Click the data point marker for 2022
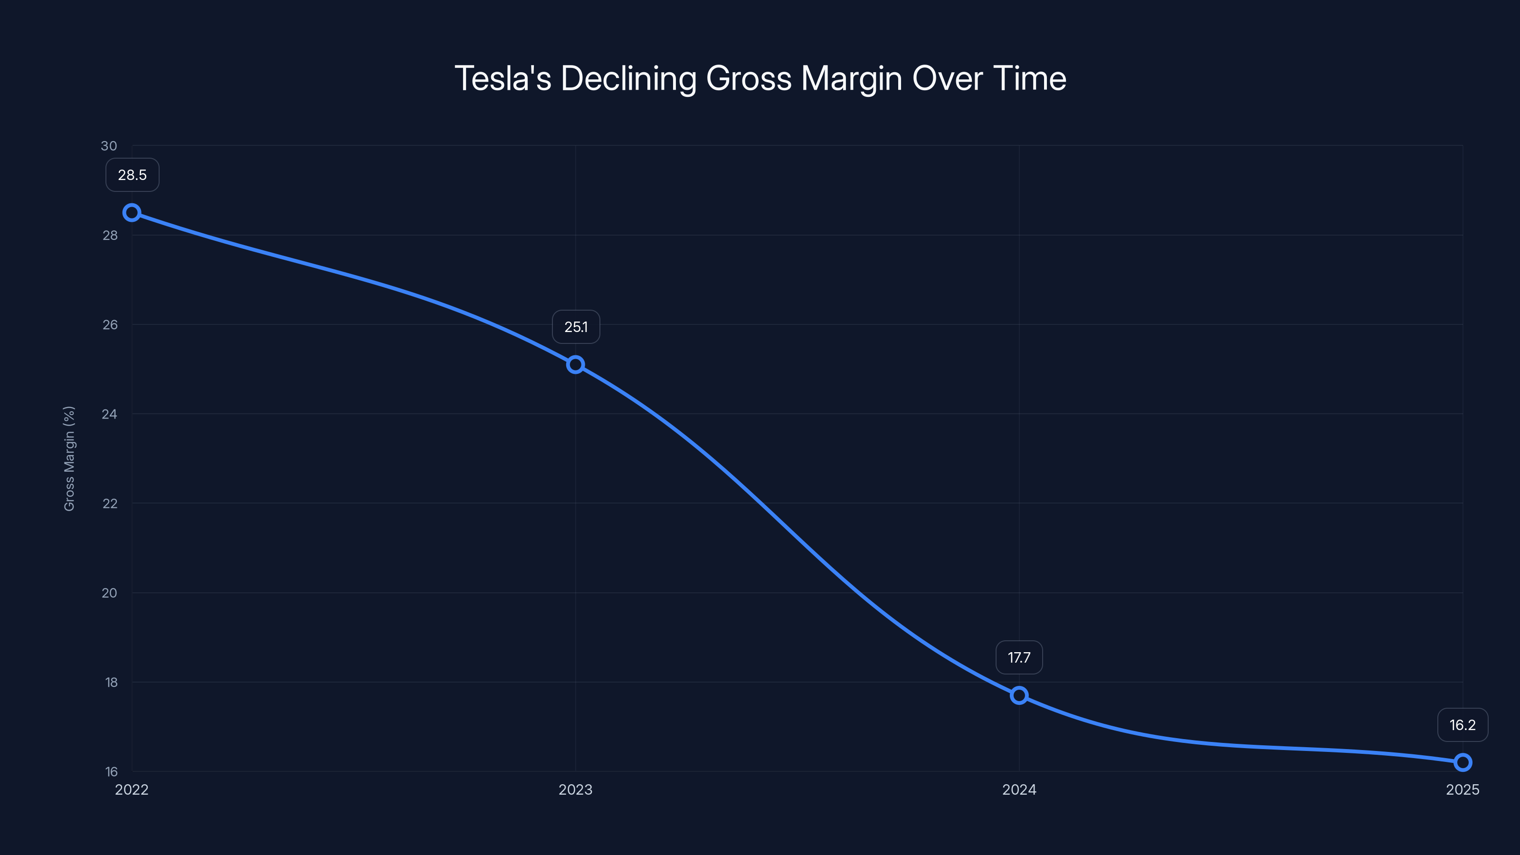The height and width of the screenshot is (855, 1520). point(132,212)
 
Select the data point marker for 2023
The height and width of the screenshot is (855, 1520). point(575,365)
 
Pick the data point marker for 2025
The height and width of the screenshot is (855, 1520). point(1463,762)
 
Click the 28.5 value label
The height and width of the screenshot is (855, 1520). point(132,175)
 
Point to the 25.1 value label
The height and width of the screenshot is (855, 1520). point(576,327)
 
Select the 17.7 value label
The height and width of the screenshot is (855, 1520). point(1019,657)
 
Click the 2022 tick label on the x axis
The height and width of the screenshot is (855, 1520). point(132,789)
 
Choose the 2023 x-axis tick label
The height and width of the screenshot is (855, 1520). point(575,789)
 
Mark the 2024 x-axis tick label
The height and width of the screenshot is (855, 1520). point(1019,789)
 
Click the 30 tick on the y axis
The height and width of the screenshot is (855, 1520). point(109,146)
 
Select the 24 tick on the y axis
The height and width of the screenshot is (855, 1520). point(110,414)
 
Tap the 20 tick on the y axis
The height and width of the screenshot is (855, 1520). point(110,592)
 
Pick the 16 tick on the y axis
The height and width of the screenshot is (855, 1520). point(112,771)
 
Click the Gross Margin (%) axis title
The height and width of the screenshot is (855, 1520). point(69,458)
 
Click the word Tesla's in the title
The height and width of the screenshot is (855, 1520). point(503,78)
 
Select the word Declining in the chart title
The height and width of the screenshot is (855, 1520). point(629,78)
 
